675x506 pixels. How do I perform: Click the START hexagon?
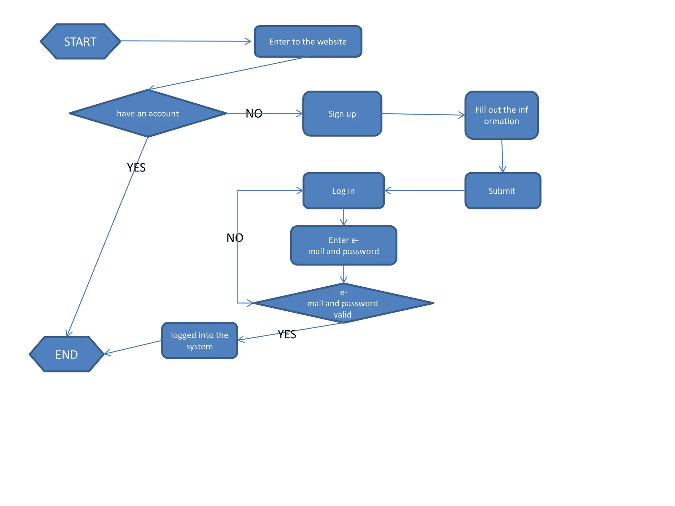80,42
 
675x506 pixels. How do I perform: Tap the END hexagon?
67,354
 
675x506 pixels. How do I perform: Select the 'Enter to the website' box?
308,42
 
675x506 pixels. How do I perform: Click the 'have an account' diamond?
148,113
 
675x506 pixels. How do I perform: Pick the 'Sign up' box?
342,114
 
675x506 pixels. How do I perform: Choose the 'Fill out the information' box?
501,115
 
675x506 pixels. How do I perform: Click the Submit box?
502,191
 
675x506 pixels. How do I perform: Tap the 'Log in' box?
343,191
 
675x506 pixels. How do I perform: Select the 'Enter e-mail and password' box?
343,245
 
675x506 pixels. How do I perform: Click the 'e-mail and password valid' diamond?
343,303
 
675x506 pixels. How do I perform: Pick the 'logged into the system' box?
199,341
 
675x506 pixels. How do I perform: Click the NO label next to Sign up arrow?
254,114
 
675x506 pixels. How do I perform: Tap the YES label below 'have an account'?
136,167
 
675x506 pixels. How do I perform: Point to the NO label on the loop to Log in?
235,238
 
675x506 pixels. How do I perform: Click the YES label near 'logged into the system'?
287,334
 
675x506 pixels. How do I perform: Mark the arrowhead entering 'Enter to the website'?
249,41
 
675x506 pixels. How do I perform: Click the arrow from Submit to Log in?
425,190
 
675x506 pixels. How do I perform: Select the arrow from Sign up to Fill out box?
424,114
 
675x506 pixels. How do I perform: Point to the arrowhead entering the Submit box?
503,169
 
